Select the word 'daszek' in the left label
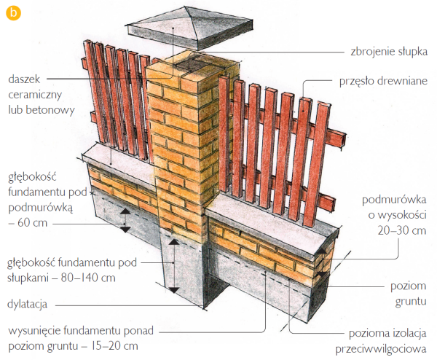click(x=24, y=78)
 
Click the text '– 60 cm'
click(x=28, y=222)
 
